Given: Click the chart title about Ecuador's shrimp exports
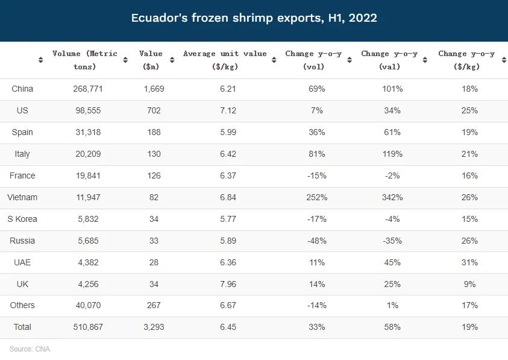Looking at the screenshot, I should coord(254,18).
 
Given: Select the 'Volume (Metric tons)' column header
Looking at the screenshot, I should coord(84,60).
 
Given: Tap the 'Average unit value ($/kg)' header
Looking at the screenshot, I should coord(224,60).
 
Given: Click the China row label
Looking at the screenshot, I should coord(22,89).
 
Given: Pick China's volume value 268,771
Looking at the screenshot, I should coord(84,89).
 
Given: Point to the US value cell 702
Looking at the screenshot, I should coord(154,110).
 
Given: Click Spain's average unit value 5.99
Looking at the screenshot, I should coord(224,132).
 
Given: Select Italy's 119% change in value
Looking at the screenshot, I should coord(392,154).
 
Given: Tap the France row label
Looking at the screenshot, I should coord(22,175).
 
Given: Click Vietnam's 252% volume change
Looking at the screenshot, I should coord(316,197).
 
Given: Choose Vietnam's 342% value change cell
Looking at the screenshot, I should coord(392,197).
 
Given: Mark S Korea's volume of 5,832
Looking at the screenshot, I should coord(84,219).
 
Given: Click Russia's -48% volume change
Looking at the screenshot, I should coord(316,241).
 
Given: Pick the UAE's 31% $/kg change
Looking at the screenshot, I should coord(470,262).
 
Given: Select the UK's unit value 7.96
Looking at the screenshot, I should coord(224,284).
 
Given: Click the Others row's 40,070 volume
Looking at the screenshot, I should coord(84,305).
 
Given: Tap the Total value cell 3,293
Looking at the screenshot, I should coord(154,327).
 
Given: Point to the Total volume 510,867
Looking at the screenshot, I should coord(84,327).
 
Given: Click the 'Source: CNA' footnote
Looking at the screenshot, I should coord(30,349).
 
